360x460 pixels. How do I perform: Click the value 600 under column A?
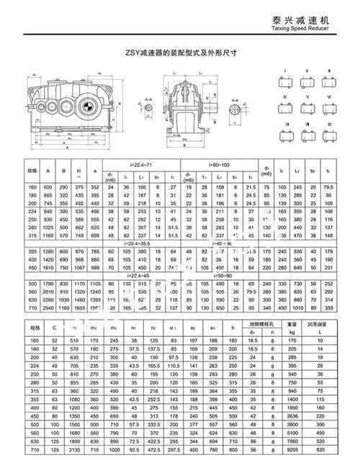[x=48, y=186]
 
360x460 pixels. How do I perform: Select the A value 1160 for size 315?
[x=48, y=235]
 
